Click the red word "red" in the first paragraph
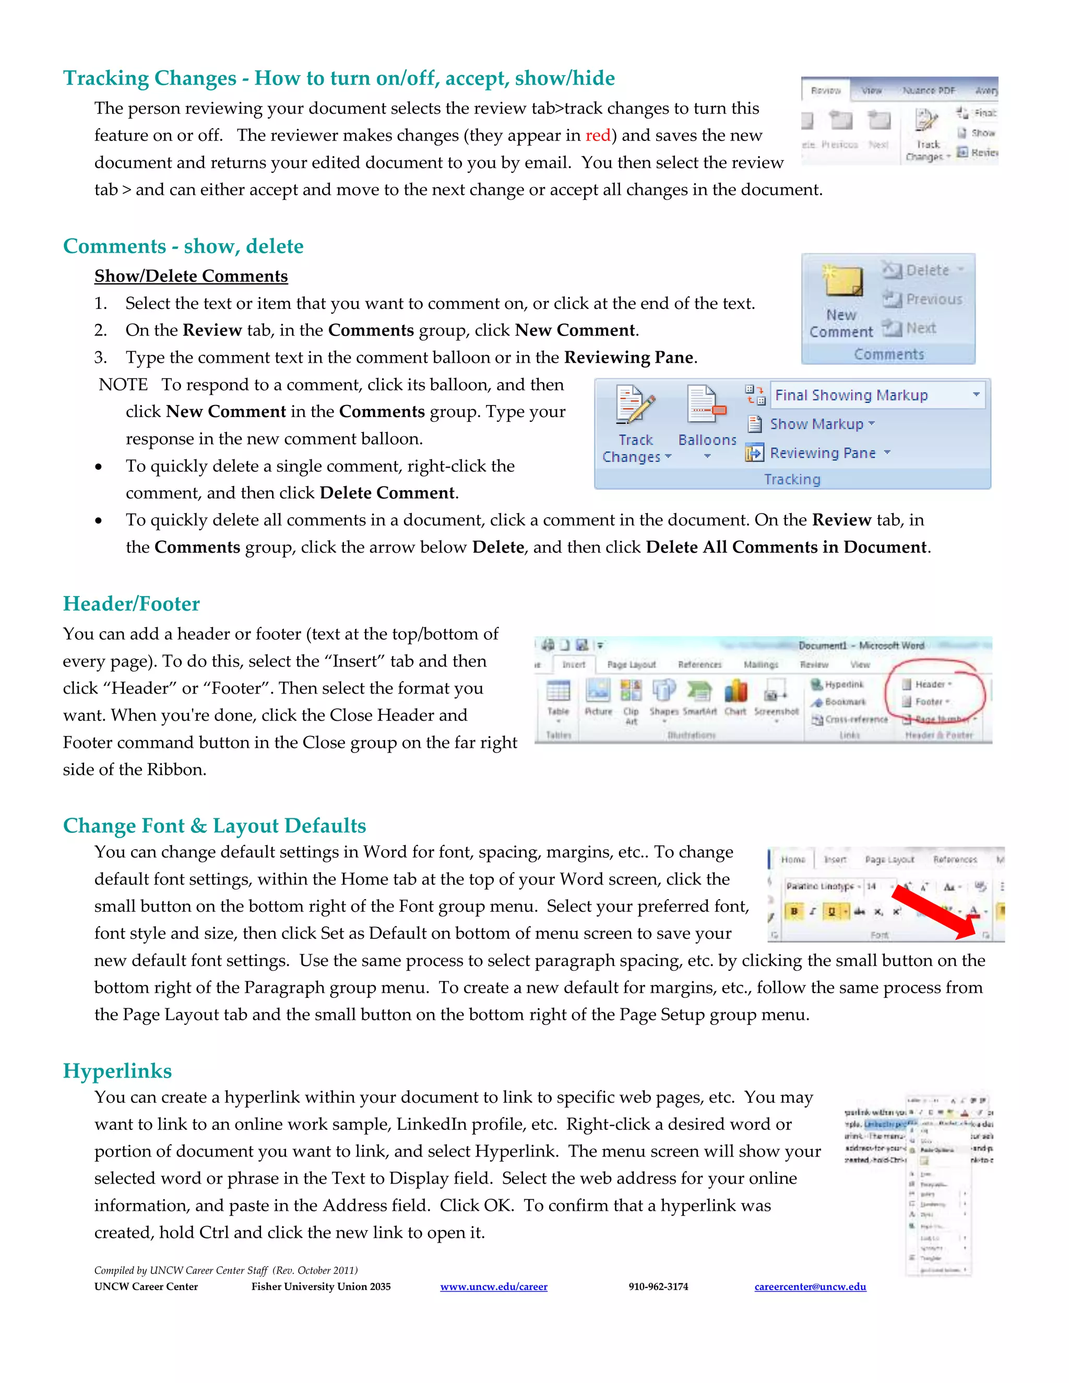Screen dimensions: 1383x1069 597,136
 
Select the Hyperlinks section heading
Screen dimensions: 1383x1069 117,1070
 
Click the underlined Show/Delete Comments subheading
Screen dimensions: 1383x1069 191,276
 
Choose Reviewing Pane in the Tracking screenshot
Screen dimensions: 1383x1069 822,453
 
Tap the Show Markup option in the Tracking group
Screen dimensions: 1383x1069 816,424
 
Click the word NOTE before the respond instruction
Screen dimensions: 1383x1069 123,385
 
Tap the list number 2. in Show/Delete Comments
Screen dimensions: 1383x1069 101,330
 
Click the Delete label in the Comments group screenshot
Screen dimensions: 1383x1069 927,270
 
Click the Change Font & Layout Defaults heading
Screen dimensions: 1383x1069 214,826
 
